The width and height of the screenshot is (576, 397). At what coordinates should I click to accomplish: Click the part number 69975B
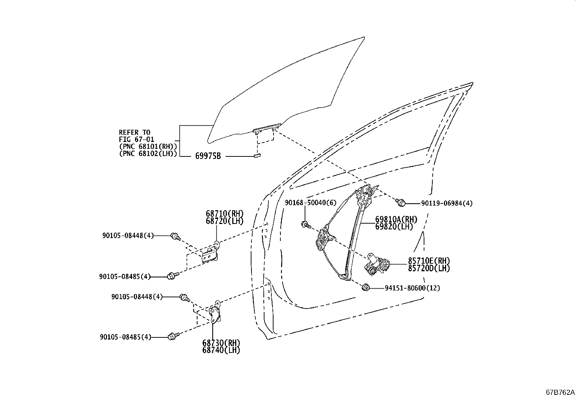[x=208, y=156]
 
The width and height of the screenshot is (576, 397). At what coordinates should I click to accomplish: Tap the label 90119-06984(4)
[x=447, y=203]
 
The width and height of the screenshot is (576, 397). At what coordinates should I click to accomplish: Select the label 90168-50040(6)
[x=311, y=203]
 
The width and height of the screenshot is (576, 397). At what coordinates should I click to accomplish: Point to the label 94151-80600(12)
[x=412, y=288]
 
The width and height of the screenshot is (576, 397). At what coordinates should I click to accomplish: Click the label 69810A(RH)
[x=396, y=220]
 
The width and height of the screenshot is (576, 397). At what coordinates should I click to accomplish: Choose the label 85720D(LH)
[x=429, y=268]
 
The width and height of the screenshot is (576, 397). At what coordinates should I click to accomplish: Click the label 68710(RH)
[x=224, y=213]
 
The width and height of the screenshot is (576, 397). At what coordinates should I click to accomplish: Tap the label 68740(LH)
[x=221, y=350]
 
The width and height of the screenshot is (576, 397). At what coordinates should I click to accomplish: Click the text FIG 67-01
[x=136, y=139]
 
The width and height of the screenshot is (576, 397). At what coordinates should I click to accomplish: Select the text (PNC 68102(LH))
[x=148, y=154]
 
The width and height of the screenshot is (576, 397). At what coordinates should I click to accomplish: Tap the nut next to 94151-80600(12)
[x=365, y=287]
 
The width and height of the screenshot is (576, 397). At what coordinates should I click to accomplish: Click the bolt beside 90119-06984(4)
[x=400, y=202]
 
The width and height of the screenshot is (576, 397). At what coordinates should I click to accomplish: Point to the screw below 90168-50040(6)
[x=305, y=224]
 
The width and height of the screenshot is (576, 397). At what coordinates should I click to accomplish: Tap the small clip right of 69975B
[x=257, y=155]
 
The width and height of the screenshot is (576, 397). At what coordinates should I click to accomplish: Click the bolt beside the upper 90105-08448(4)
[x=175, y=237]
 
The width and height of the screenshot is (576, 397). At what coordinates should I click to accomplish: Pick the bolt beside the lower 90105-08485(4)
[x=174, y=336]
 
